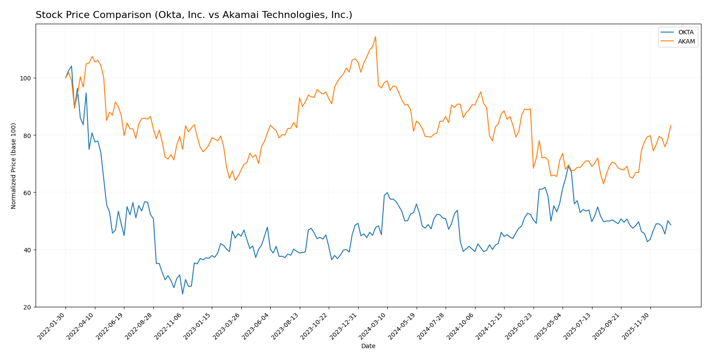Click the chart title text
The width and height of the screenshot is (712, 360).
pyautogui.click(x=194, y=15)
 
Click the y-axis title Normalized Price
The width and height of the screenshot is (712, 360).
pyautogui.click(x=14, y=166)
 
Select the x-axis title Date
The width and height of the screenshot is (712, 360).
pyautogui.click(x=368, y=346)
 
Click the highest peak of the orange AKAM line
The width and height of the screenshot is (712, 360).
pyautogui.click(x=375, y=36)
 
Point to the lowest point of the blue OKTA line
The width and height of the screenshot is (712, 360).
pyautogui.click(x=182, y=294)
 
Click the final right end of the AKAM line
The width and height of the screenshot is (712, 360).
pyautogui.click(x=671, y=125)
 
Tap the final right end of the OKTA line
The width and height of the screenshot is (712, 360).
pyautogui.click(x=671, y=225)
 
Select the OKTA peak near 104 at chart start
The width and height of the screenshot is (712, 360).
pyautogui.click(x=72, y=66)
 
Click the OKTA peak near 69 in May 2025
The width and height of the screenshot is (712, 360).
pyautogui.click(x=568, y=166)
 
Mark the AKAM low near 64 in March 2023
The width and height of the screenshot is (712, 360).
pyautogui.click(x=235, y=180)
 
